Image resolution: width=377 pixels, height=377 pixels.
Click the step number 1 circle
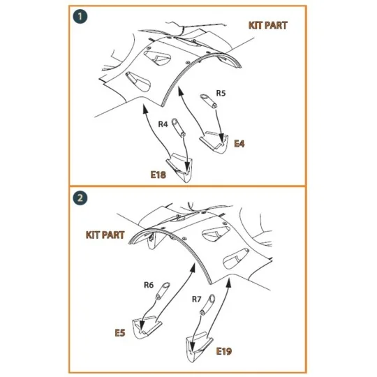pyautogui.click(x=80, y=16)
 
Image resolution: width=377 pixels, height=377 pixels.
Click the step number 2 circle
pyautogui.click(x=80, y=198)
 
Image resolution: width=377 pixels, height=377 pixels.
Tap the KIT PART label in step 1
pyautogui.click(x=268, y=25)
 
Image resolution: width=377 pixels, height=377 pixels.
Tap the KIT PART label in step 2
pyautogui.click(x=105, y=235)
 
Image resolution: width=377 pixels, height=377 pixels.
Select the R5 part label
pyautogui.click(x=221, y=93)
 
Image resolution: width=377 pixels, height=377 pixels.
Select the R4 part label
pyautogui.click(x=163, y=124)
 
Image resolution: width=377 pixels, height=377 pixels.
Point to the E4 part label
pyautogui.click(x=239, y=144)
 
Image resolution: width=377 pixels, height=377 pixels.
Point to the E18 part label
pyautogui.click(x=158, y=175)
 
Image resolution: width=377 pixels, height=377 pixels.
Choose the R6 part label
pyautogui.click(x=149, y=285)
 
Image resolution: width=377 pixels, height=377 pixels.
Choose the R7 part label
pyautogui.click(x=196, y=299)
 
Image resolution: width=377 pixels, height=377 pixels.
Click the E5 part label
pyautogui.click(x=120, y=333)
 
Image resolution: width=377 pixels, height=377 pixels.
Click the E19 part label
pyautogui.click(x=224, y=351)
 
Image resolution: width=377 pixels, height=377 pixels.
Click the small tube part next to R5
pyautogui.click(x=209, y=101)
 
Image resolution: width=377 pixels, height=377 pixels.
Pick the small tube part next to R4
pyautogui.click(x=178, y=128)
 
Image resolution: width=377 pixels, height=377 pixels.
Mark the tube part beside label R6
pyautogui.click(x=163, y=291)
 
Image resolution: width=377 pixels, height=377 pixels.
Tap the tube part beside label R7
pyautogui.click(x=207, y=304)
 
